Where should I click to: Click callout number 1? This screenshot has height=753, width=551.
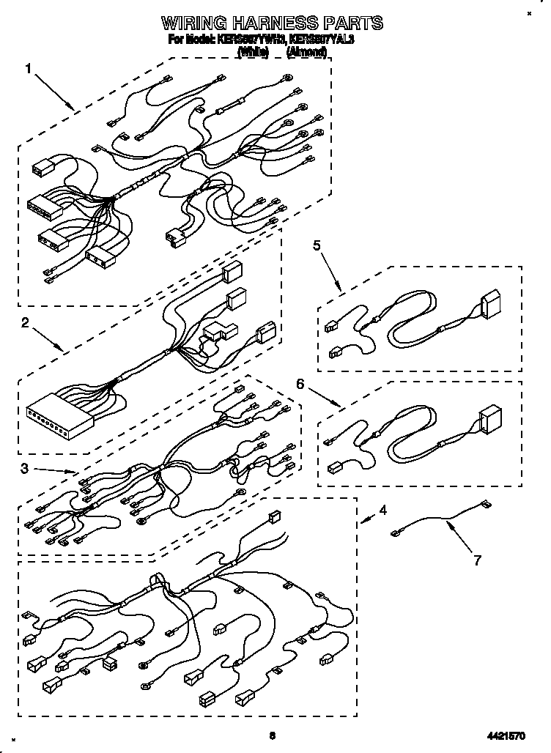[x=29, y=69]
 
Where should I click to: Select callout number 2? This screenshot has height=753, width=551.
[x=25, y=322]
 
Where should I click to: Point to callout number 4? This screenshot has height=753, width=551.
[x=383, y=511]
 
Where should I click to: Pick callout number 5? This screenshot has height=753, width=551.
[x=317, y=246]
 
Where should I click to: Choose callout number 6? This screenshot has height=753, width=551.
[x=300, y=383]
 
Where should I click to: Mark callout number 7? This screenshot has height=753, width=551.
[x=477, y=561]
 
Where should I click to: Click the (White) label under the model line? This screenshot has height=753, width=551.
[x=254, y=53]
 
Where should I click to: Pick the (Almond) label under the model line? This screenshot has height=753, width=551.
[x=306, y=53]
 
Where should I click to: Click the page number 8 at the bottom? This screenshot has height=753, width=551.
[x=272, y=732]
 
